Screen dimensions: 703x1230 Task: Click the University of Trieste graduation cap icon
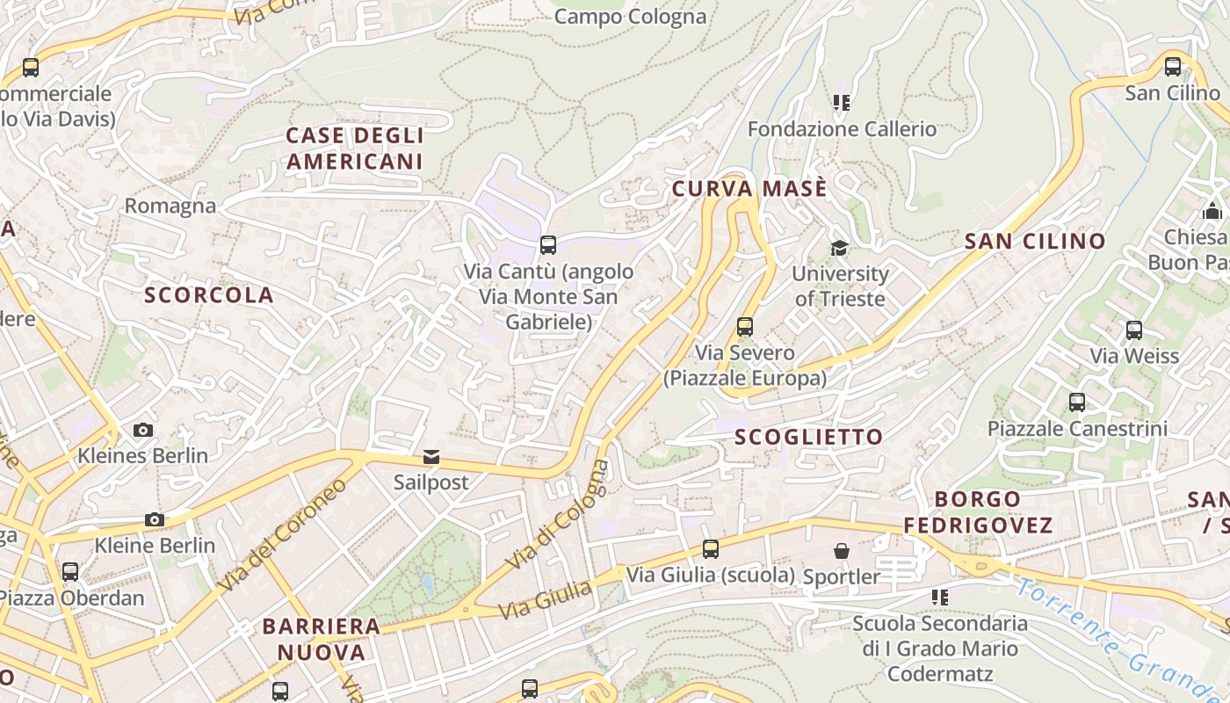coord(839,248)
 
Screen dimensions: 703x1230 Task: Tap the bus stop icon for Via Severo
coord(745,327)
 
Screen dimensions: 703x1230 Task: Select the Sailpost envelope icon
coord(431,457)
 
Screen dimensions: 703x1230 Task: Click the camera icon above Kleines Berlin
coord(142,430)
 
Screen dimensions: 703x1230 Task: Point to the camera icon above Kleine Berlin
coord(155,519)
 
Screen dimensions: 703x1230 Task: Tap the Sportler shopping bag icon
coord(842,551)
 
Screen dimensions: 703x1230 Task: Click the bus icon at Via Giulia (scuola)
coord(711,549)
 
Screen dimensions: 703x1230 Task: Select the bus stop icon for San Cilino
coord(1173,67)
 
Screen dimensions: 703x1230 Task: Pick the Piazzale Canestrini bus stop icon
coord(1077,402)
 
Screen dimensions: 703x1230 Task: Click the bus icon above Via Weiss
coord(1134,330)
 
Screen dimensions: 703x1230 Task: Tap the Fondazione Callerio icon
coord(842,104)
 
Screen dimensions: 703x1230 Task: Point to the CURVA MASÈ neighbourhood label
coord(749,189)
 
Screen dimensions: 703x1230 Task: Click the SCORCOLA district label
coord(209,295)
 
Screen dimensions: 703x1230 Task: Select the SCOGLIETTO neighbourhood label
coord(808,437)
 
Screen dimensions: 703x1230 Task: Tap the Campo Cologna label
coord(630,17)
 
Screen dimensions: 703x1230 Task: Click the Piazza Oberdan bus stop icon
coord(70,572)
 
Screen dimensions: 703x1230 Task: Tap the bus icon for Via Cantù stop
coord(548,245)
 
